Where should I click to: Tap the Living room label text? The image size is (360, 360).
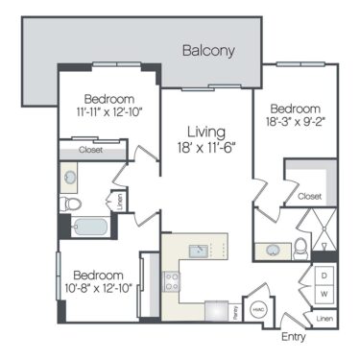pyautogui.click(x=206, y=132)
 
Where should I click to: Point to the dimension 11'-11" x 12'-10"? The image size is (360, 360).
pyautogui.click(x=108, y=114)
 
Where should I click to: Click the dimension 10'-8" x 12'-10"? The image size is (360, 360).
pyautogui.click(x=96, y=287)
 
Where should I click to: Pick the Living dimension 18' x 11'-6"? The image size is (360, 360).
pyautogui.click(x=206, y=149)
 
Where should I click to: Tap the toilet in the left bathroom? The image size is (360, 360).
pyautogui.click(x=72, y=204)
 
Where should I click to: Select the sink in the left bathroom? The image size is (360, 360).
pyautogui.click(x=71, y=177)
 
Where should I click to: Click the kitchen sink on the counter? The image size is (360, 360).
pyautogui.click(x=198, y=252)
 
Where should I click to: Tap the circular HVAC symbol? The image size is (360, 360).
pyautogui.click(x=257, y=311)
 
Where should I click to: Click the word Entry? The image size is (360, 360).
pyautogui.click(x=293, y=337)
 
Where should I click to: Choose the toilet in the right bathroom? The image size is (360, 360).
pyautogui.click(x=300, y=249)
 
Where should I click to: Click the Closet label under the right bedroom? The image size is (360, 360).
pyautogui.click(x=309, y=196)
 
